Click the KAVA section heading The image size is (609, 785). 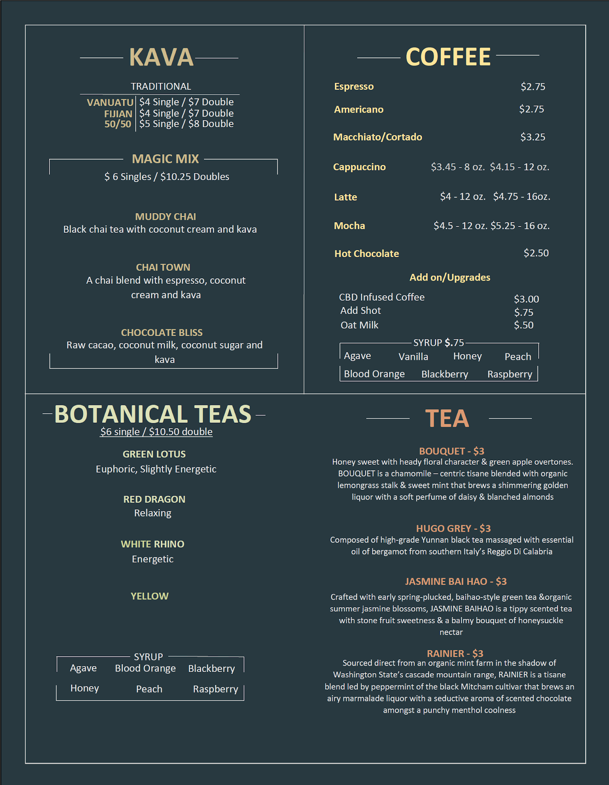point(161,57)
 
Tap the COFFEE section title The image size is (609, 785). point(448,57)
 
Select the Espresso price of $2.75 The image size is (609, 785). point(533,87)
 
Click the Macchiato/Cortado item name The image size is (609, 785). point(378,137)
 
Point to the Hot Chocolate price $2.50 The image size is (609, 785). point(536,253)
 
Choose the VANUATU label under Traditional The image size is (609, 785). point(110,102)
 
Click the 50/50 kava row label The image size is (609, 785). point(118,124)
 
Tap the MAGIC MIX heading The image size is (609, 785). point(165,159)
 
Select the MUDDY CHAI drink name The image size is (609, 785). point(165,217)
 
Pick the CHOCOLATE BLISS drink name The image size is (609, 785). point(162,332)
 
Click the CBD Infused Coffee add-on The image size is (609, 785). point(382,297)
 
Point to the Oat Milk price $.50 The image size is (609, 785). point(524,325)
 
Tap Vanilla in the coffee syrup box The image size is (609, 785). point(413,356)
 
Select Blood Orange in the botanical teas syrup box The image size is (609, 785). point(145,668)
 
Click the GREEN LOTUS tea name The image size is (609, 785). point(154,454)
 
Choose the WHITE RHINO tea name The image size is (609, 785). point(152,544)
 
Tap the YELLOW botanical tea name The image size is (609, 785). point(149,596)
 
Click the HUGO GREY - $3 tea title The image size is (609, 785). point(453,528)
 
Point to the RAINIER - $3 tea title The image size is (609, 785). point(455,654)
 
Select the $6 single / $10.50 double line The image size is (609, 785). point(156,432)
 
